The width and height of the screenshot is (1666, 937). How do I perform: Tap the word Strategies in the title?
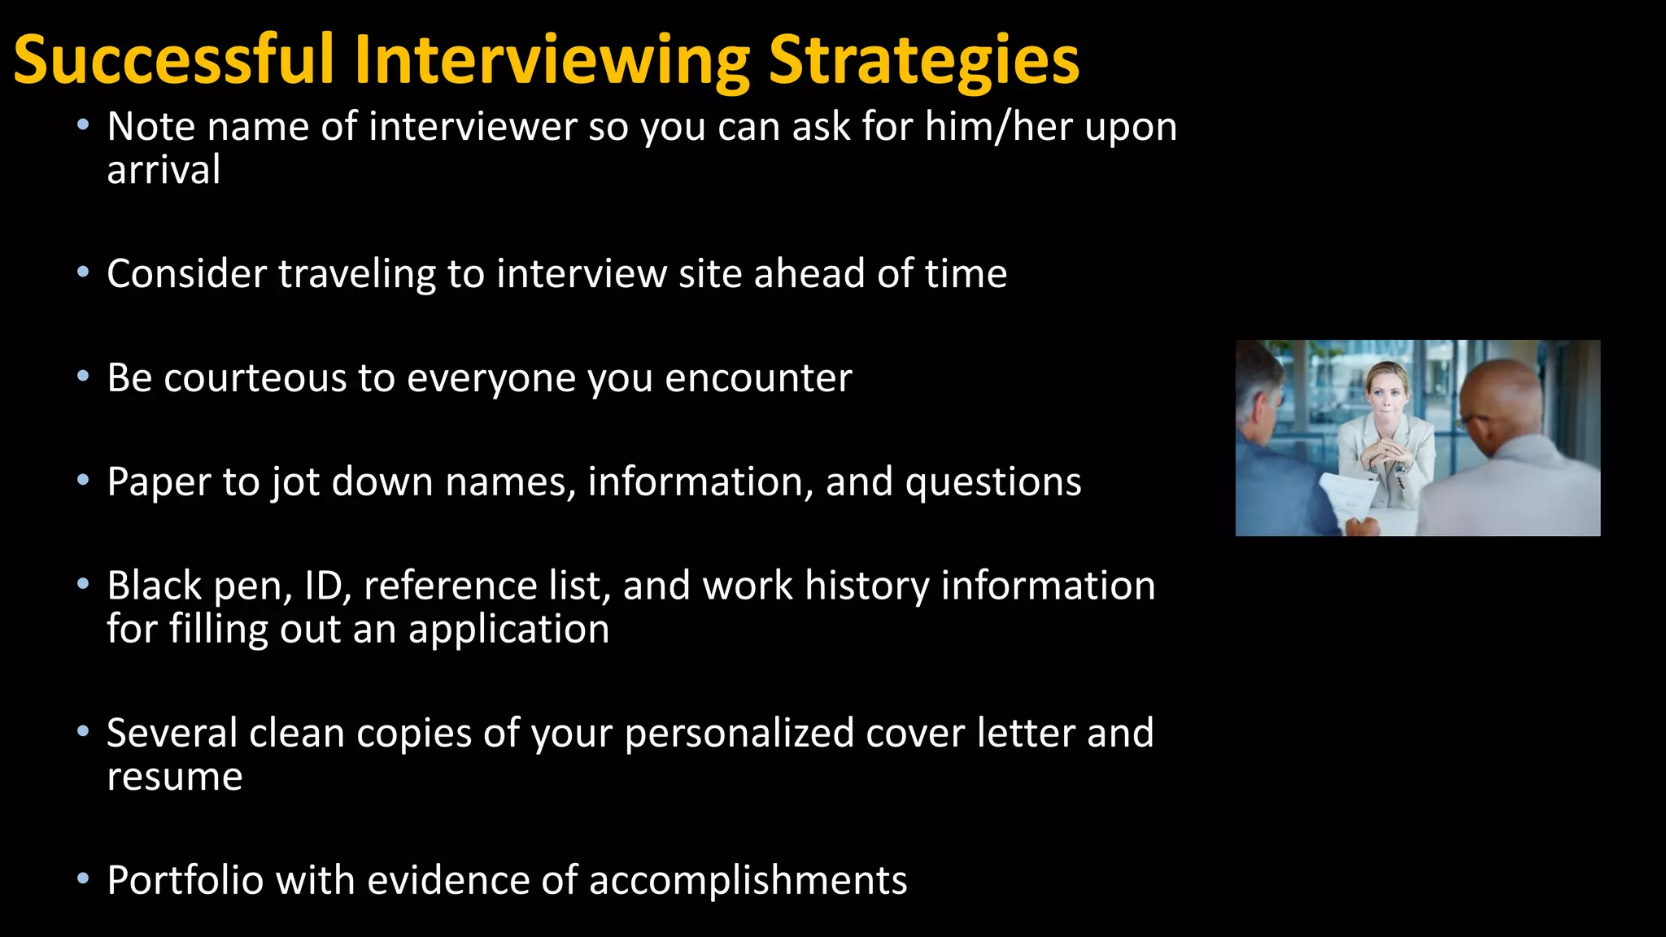tap(923, 61)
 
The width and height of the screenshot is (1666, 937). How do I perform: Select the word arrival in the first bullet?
tap(164, 170)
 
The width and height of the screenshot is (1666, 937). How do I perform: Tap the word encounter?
tap(758, 378)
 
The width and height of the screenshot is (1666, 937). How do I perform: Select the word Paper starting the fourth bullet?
tap(159, 482)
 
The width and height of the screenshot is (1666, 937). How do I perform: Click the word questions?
tap(993, 482)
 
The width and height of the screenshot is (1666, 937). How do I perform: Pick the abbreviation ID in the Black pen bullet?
tap(323, 586)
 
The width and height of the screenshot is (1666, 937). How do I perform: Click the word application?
tap(508, 630)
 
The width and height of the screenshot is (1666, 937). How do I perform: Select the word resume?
tap(174, 777)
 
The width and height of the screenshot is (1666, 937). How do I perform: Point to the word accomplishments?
tap(748, 880)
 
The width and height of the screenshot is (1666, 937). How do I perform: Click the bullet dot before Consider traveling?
tap(82, 272)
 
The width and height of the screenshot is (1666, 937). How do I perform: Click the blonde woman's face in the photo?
tap(1386, 391)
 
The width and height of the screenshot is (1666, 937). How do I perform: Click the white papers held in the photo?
tap(1347, 496)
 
